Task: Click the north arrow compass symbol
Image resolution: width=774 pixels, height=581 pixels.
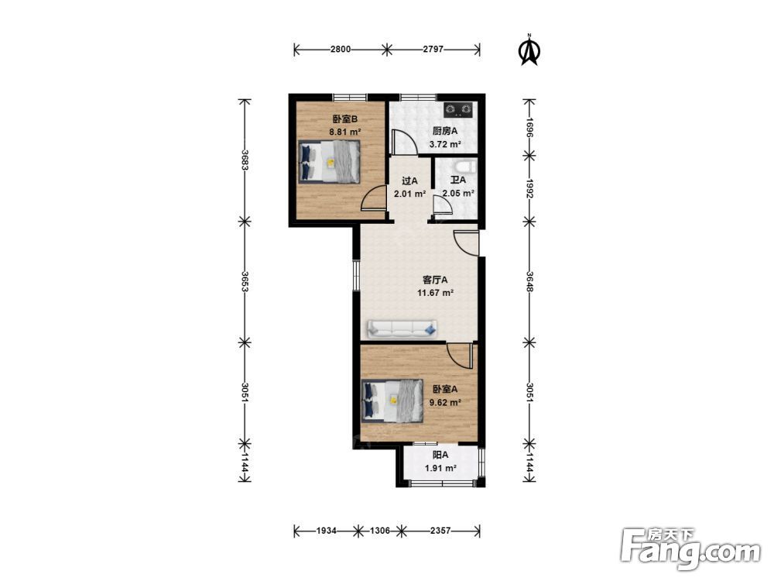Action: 529,50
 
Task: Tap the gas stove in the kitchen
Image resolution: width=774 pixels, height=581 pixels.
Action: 458,110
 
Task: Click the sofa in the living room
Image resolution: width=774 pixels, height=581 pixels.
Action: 402,328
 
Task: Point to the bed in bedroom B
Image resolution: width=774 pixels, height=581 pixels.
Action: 329,162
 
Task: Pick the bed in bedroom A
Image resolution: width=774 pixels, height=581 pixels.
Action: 392,401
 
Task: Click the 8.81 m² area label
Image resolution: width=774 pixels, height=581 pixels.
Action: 345,132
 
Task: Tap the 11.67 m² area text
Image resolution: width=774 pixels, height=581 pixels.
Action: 435,293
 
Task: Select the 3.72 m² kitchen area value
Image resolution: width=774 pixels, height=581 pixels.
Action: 445,144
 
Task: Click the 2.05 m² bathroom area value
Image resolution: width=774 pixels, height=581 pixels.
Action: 458,193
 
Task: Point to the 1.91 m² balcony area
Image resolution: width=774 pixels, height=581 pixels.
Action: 440,468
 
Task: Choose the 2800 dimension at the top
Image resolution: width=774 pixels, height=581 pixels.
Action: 341,49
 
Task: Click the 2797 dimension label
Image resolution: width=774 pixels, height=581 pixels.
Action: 433,49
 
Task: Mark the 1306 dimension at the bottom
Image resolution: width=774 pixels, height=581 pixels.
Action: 380,531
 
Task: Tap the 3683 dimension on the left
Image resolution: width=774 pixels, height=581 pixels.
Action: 244,160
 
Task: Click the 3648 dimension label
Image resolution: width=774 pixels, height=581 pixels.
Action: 529,281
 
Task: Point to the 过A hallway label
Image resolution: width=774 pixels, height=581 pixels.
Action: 409,180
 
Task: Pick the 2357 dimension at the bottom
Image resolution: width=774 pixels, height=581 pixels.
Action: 440,531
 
